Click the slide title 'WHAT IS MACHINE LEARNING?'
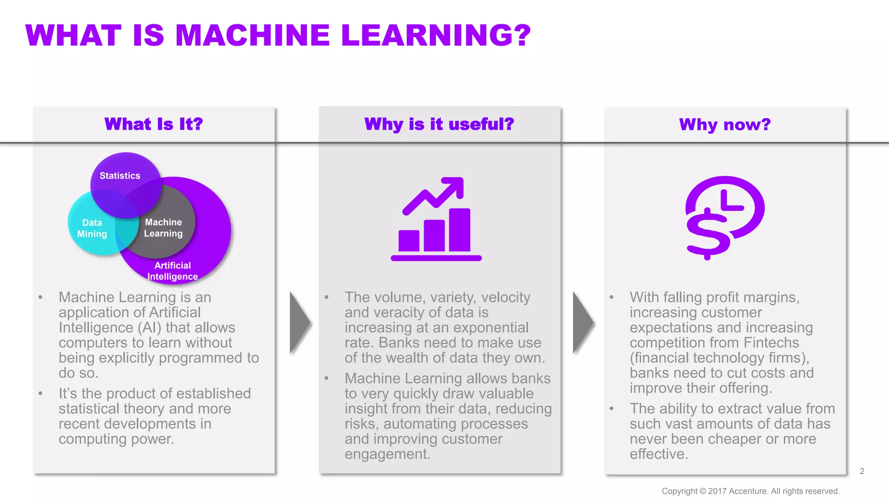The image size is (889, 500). point(278,35)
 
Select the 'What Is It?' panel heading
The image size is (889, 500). point(154,124)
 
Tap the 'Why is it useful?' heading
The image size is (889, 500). point(439,124)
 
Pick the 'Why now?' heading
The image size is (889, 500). point(724,125)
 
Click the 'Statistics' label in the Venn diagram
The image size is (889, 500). point(120,176)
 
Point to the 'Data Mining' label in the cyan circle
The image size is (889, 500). point(92,228)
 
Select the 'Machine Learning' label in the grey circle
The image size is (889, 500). point(163,228)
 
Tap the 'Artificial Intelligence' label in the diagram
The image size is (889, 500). point(172,271)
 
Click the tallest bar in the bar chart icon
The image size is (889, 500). point(459,230)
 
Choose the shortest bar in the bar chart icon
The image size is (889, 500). point(408,241)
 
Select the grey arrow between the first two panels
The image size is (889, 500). point(300,322)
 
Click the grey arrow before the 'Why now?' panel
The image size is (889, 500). point(583,322)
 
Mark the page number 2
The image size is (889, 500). point(862,471)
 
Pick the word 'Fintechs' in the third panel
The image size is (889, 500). point(771,342)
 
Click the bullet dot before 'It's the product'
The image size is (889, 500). point(40,394)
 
